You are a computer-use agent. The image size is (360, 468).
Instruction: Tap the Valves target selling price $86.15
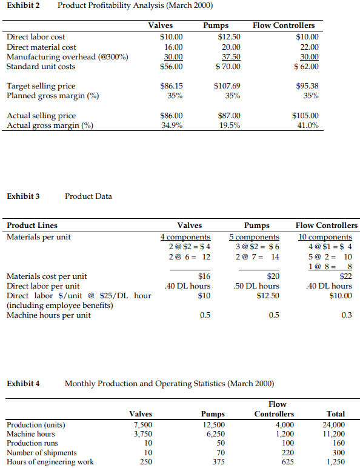click(171, 86)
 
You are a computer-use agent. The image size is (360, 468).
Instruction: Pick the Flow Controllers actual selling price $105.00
click(305, 116)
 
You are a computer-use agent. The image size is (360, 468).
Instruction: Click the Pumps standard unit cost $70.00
click(228, 67)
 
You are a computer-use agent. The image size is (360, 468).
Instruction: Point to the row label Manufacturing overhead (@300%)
click(67, 57)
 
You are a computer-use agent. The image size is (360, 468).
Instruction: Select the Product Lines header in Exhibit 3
click(32, 226)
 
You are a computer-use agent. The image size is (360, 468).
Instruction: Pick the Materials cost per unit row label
click(47, 276)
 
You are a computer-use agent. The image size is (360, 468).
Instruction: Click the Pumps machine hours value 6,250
click(214, 433)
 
